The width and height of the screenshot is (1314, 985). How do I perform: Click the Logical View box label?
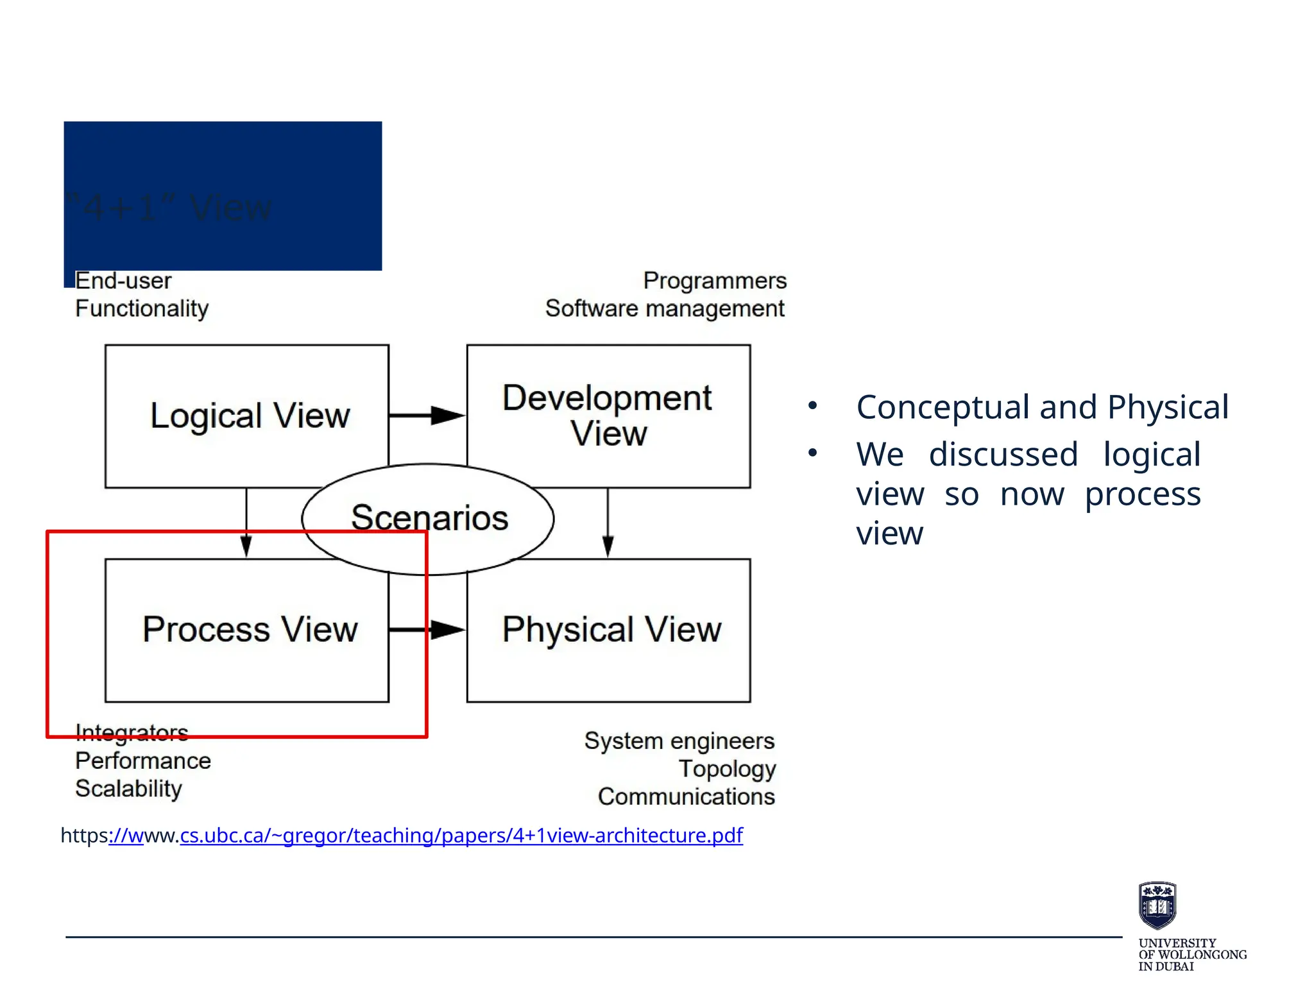(x=250, y=416)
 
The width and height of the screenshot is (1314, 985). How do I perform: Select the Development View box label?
(x=607, y=415)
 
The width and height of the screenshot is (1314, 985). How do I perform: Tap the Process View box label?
(x=250, y=629)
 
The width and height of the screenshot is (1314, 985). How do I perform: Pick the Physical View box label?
(x=611, y=629)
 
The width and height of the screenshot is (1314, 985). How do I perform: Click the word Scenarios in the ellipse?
(x=429, y=518)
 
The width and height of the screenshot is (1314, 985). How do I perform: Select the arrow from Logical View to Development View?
(x=427, y=416)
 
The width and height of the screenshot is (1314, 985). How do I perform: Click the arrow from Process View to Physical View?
(x=427, y=630)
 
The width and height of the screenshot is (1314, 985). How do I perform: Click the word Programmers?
(x=715, y=281)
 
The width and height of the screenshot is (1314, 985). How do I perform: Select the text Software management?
(x=665, y=308)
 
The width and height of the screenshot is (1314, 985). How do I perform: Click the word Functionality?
(x=142, y=308)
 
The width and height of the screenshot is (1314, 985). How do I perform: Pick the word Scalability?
(x=128, y=788)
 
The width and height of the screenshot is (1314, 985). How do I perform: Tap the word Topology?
(x=727, y=768)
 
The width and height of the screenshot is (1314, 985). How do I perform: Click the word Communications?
(x=686, y=796)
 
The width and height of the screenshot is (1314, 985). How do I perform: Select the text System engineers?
(x=679, y=741)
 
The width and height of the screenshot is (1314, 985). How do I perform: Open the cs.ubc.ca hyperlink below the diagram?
(x=461, y=836)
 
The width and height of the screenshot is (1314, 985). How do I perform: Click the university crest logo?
(x=1157, y=905)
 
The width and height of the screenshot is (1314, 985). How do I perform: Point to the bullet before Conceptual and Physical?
(x=813, y=406)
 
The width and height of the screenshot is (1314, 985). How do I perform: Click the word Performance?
(x=143, y=761)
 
